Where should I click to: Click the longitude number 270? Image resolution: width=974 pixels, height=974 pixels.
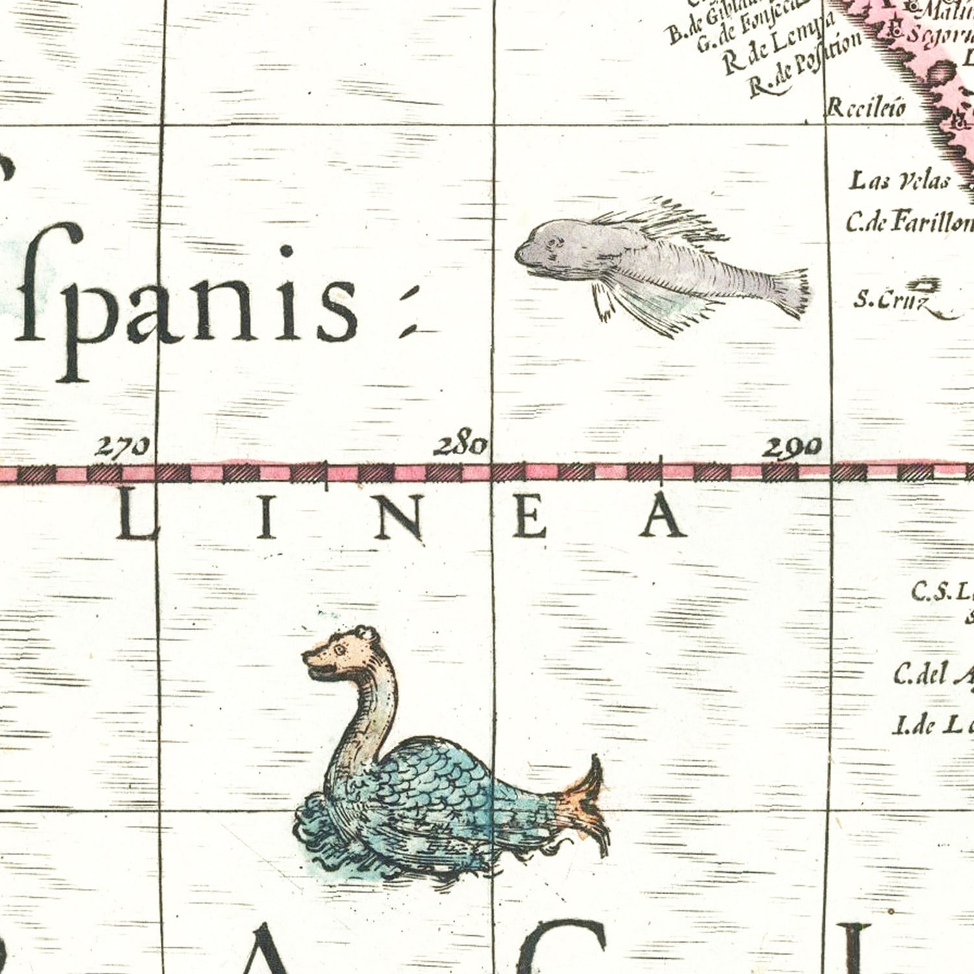(x=123, y=447)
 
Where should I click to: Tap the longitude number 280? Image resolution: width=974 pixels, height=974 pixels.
(x=461, y=446)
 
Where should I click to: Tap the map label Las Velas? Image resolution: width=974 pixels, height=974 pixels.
(x=900, y=181)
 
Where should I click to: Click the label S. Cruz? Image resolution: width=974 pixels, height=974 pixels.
(x=880, y=300)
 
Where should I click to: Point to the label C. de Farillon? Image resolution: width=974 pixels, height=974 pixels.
(x=909, y=223)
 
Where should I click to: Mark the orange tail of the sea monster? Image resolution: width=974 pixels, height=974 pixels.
(x=588, y=805)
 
